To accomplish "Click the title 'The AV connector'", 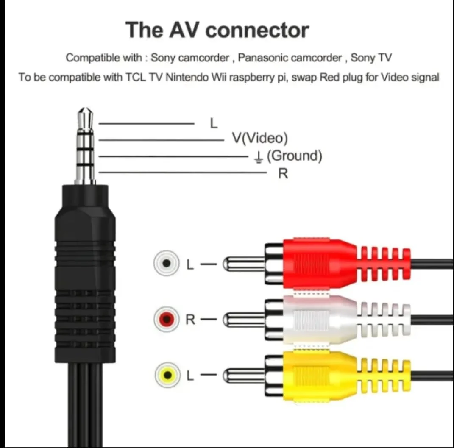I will point(217,30).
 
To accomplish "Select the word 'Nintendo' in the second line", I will point(183,78).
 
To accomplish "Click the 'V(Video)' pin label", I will point(259,138).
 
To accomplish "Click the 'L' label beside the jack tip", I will point(214,123).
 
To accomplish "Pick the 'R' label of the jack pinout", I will point(283,173).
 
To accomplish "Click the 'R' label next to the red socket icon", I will point(191,319).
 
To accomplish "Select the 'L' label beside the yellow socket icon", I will point(190,375).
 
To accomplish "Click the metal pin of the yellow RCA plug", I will point(244,374).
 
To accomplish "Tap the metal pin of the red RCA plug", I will point(244,264).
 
